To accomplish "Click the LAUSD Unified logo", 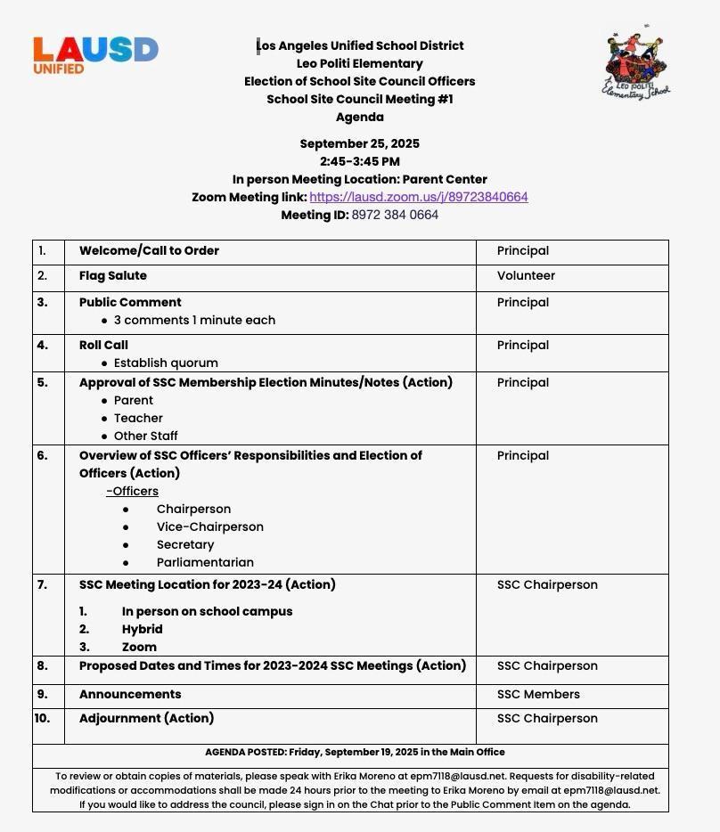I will click(95, 54).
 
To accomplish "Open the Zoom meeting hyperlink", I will click(418, 197).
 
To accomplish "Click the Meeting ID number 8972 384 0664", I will click(395, 215).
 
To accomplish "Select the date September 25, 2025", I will click(359, 143).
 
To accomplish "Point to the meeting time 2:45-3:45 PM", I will click(359, 161).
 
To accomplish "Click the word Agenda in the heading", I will click(359, 117).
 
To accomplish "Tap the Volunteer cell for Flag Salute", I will click(526, 276).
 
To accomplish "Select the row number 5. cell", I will click(43, 383).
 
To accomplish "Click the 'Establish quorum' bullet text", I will click(166, 363).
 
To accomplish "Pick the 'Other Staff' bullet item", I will click(145, 436).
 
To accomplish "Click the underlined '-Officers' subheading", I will click(132, 491).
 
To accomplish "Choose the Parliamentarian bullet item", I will click(205, 562).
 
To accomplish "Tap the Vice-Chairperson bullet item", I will click(209, 526).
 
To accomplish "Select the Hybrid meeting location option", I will click(142, 629).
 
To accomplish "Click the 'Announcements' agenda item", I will click(130, 694).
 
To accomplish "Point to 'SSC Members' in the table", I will click(538, 694).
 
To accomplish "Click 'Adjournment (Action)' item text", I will click(146, 718).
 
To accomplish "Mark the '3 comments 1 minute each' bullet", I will click(194, 320).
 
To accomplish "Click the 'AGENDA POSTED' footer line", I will click(355, 752).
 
